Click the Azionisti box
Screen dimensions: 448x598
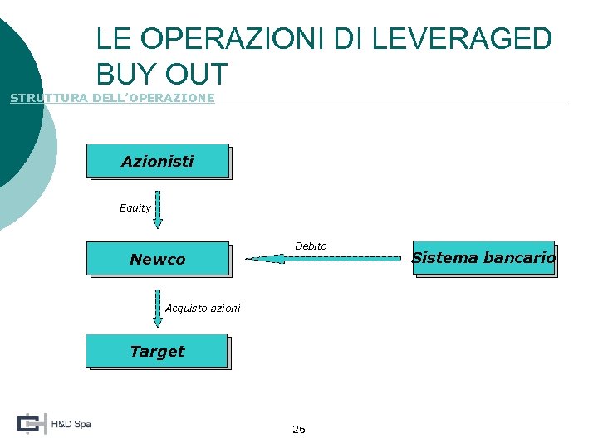click(157, 161)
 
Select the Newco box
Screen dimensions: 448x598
click(157, 259)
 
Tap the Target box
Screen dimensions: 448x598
click(156, 351)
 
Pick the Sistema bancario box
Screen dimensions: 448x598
click(483, 258)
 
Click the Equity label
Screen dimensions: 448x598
click(135, 208)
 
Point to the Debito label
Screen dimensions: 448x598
click(311, 246)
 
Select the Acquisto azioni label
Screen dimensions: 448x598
click(203, 309)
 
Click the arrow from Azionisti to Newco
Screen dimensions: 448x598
click(158, 211)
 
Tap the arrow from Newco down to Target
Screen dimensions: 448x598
click(158, 308)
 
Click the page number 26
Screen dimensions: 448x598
click(299, 429)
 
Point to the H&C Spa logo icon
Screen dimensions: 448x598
click(31, 423)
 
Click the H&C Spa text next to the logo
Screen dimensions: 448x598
click(71, 424)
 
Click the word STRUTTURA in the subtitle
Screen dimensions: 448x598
click(47, 98)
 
